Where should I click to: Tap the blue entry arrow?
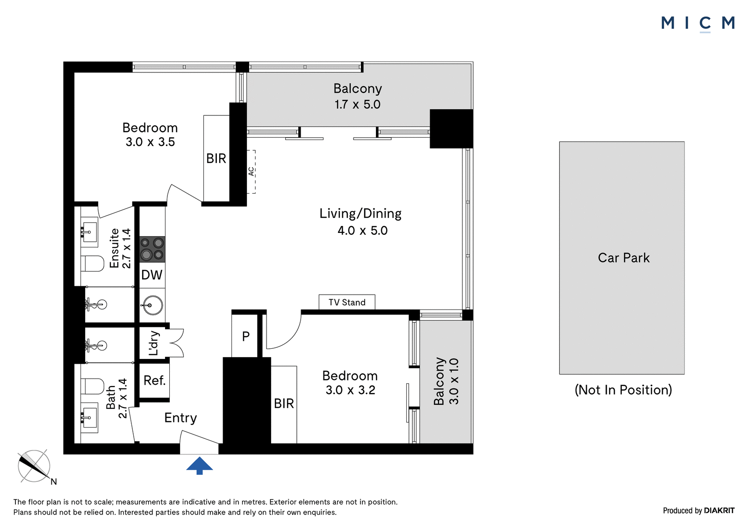click(199, 465)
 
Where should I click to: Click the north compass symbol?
click(35, 466)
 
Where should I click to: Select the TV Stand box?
click(347, 302)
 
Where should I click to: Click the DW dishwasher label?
click(152, 275)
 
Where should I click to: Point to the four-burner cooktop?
click(152, 249)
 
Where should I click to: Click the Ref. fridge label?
click(154, 380)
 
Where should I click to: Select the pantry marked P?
click(246, 336)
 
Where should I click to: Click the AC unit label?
click(251, 171)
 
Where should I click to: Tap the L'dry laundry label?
click(153, 343)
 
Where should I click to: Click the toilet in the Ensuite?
click(93, 263)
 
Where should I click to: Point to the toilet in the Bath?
click(93, 386)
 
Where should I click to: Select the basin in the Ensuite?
click(89, 232)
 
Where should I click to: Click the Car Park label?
click(624, 258)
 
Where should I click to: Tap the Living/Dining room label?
click(360, 213)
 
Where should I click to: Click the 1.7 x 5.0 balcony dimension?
click(358, 105)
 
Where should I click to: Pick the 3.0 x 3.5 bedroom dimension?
click(150, 142)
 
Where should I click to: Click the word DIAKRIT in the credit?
click(719, 510)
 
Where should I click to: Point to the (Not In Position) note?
click(623, 389)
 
